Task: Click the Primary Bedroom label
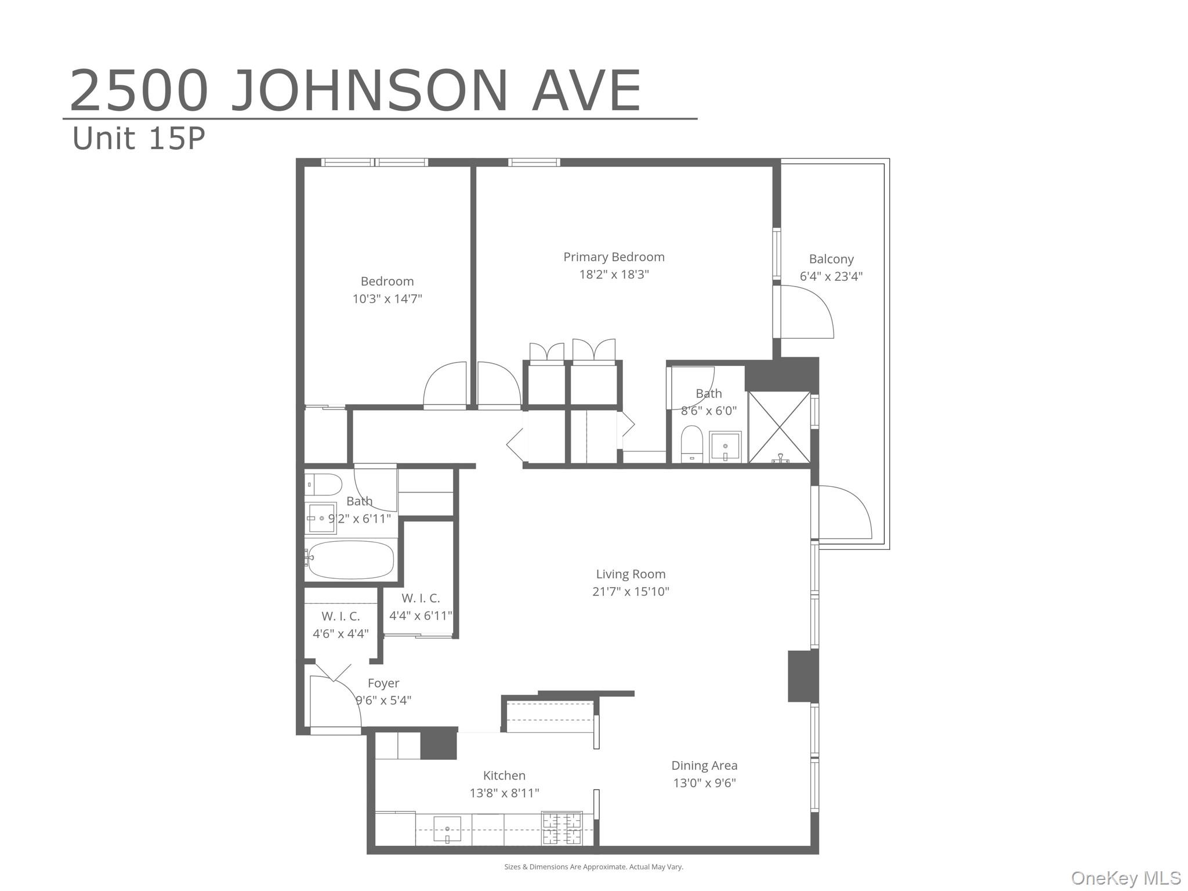pyautogui.click(x=614, y=257)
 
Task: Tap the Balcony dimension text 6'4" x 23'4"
pyautogui.click(x=831, y=277)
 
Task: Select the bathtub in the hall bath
pyautogui.click(x=350, y=560)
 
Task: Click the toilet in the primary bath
pyautogui.click(x=691, y=444)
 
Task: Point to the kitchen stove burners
pyautogui.click(x=562, y=828)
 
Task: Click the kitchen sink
pyautogui.click(x=447, y=829)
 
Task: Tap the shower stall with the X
pyautogui.click(x=779, y=428)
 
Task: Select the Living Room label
pyautogui.click(x=631, y=574)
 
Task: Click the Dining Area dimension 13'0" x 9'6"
pyautogui.click(x=704, y=783)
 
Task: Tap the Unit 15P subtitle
pyautogui.click(x=139, y=139)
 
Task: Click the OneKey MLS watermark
pyautogui.click(x=1125, y=878)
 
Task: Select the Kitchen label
pyautogui.click(x=504, y=776)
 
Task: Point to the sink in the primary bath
pyautogui.click(x=725, y=446)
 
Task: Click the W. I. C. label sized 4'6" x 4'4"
pyautogui.click(x=341, y=617)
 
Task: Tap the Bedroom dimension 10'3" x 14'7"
pyautogui.click(x=387, y=299)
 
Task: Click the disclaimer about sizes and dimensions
pyautogui.click(x=593, y=867)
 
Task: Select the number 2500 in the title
pyautogui.click(x=139, y=91)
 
